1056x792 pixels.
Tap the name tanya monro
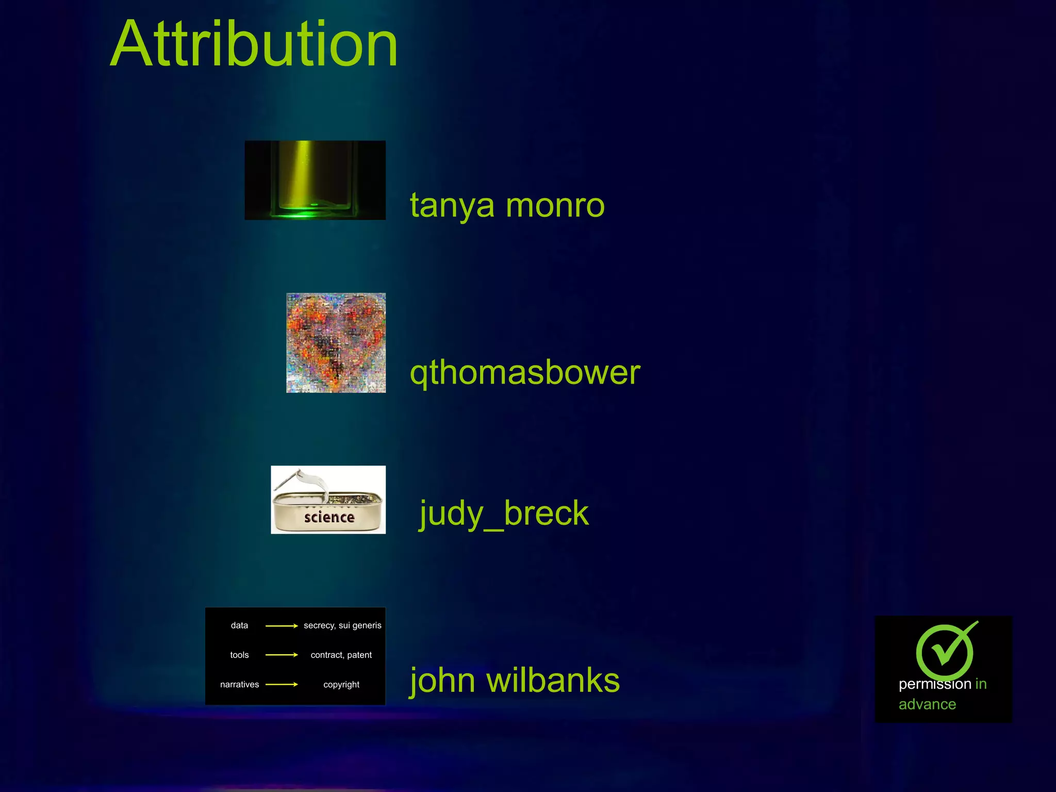pos(507,205)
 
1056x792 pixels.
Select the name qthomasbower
pos(524,372)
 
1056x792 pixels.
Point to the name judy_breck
pos(504,514)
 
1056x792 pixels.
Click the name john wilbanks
pos(515,680)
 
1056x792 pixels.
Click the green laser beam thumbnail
pos(315,180)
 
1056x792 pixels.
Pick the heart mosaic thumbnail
pos(336,343)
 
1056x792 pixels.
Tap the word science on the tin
pos(329,517)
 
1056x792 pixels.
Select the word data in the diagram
pos(239,625)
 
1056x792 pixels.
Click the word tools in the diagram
pos(239,655)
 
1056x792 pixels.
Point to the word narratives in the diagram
pos(239,684)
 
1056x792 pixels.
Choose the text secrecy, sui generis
pos(342,625)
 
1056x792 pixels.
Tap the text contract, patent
pos(341,655)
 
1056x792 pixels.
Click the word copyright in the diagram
pos(341,684)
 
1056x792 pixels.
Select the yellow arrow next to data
pos(282,626)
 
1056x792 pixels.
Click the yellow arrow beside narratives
pos(282,684)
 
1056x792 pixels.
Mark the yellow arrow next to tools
pos(282,655)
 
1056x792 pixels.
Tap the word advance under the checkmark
pos(927,704)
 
